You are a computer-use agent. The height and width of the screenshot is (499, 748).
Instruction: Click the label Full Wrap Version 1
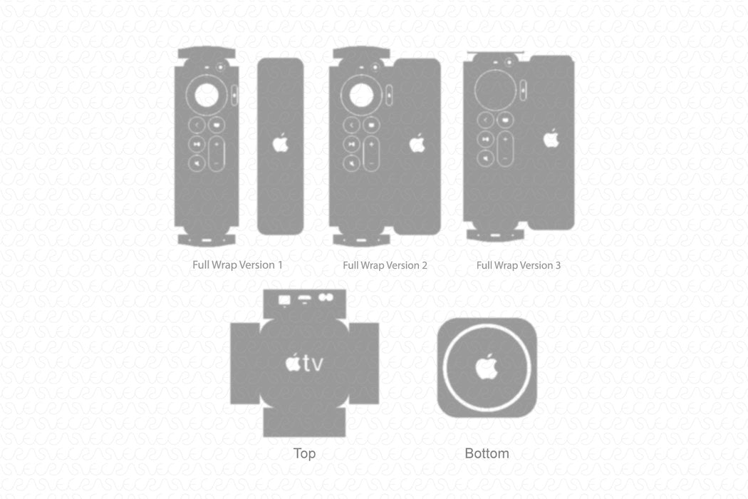click(x=237, y=264)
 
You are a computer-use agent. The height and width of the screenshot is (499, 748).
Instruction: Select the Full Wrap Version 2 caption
click(x=385, y=265)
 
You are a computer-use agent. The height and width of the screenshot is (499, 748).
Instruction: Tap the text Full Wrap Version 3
click(x=519, y=265)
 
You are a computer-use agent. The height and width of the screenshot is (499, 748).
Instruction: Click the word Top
click(x=304, y=453)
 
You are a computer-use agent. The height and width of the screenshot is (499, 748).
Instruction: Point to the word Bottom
click(x=487, y=453)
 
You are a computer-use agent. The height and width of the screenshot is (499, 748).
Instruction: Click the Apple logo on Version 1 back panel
click(x=281, y=143)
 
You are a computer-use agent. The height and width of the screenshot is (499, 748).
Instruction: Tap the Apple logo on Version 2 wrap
click(x=417, y=143)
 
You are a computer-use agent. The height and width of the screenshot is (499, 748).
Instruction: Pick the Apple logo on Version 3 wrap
click(x=551, y=138)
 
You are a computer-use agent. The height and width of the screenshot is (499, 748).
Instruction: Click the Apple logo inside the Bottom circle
click(x=487, y=366)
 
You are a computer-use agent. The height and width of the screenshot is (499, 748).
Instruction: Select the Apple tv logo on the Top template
click(x=304, y=363)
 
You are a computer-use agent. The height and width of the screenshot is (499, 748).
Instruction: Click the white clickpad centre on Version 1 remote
click(x=207, y=95)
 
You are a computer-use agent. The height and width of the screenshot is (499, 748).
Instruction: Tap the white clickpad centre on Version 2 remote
click(x=361, y=95)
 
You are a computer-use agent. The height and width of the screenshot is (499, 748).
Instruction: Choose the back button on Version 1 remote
click(x=197, y=125)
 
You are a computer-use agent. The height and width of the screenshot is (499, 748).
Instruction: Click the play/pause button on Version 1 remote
click(x=197, y=144)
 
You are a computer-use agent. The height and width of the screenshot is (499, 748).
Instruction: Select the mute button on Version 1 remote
click(x=197, y=163)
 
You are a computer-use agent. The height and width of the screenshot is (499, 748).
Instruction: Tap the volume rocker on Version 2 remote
click(x=371, y=154)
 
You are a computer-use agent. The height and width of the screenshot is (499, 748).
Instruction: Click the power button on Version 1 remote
click(x=220, y=67)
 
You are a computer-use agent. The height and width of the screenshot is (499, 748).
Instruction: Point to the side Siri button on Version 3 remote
click(x=524, y=90)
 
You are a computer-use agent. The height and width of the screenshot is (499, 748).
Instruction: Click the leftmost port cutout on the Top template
click(x=284, y=300)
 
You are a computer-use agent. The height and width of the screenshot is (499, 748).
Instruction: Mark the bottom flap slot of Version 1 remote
click(x=207, y=240)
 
